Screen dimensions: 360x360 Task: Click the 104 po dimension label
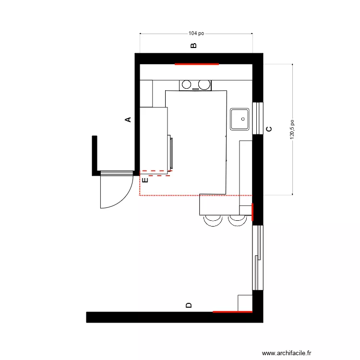click(196, 34)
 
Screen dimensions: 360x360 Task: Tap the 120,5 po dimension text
click(292, 130)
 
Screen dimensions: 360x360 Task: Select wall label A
click(128, 120)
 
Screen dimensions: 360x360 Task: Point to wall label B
click(193, 46)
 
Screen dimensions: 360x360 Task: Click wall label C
click(269, 129)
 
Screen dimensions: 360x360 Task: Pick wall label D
click(189, 305)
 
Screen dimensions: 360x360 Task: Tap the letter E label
click(145, 180)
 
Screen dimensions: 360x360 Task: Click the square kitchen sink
click(240, 119)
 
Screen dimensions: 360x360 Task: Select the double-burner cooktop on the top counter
click(195, 85)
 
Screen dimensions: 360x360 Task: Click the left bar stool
click(213, 220)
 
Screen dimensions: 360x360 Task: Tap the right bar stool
click(237, 220)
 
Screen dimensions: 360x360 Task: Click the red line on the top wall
click(197, 63)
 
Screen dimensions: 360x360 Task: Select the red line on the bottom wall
click(232, 312)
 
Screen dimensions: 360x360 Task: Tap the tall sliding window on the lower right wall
click(258, 258)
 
